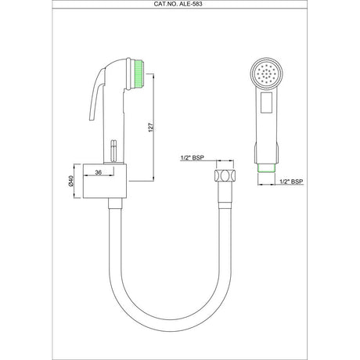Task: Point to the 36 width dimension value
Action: click(99, 172)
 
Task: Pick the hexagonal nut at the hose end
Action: click(227, 177)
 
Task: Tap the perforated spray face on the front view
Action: click(267, 74)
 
